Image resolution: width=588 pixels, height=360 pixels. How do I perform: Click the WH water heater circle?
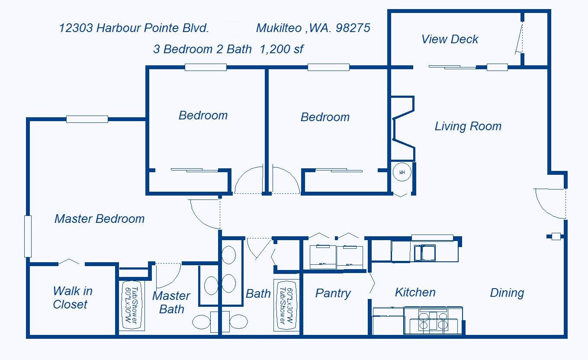pyautogui.click(x=402, y=172)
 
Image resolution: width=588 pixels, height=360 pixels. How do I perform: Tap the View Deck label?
pyautogui.click(x=450, y=39)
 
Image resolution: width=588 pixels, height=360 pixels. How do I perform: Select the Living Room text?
pyautogui.click(x=468, y=126)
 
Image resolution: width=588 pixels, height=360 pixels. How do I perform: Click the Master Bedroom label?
pyautogui.click(x=100, y=219)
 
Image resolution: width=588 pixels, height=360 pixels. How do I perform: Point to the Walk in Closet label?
pyautogui.click(x=72, y=298)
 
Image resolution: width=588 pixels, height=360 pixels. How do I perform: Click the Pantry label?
pyautogui.click(x=333, y=293)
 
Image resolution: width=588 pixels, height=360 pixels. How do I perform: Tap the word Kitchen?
pyautogui.click(x=415, y=292)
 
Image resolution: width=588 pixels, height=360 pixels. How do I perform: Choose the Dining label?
pyautogui.click(x=507, y=293)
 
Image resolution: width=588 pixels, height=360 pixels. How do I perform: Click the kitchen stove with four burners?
pyautogui.click(x=433, y=321)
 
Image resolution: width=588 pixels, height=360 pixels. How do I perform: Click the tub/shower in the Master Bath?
pyautogui.click(x=132, y=305)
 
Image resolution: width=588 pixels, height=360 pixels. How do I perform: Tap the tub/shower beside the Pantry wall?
pyautogui.click(x=286, y=305)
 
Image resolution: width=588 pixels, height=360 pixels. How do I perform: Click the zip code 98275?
pyautogui.click(x=353, y=28)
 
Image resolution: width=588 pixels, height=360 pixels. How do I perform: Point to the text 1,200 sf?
pyautogui.click(x=281, y=49)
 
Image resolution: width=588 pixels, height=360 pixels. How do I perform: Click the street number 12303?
pyautogui.click(x=76, y=28)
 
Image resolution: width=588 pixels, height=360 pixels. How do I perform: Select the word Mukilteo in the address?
pyautogui.click(x=279, y=28)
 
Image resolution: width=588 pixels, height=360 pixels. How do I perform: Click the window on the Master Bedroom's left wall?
pyautogui.click(x=28, y=236)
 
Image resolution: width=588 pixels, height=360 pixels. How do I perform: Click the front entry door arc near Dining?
pyautogui.click(x=542, y=209)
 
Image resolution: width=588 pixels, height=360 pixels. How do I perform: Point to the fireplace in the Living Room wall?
pyautogui.click(x=403, y=129)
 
